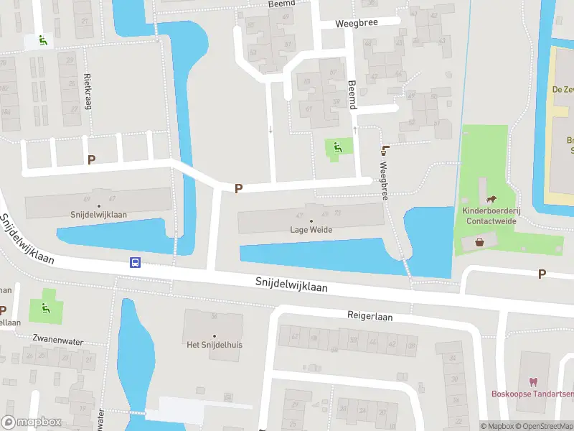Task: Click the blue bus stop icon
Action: point(134,262)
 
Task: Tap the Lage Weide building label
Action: point(311,230)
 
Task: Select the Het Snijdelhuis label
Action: point(214,345)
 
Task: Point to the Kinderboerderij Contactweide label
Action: point(490,216)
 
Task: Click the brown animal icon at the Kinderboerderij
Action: point(491,199)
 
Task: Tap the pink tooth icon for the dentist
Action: point(532,381)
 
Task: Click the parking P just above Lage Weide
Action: point(239,188)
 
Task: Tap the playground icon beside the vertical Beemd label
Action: point(338,147)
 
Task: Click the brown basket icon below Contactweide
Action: point(479,243)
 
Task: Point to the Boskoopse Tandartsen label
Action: point(532,394)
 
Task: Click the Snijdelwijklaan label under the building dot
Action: point(99,214)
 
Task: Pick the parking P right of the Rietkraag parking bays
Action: point(91,159)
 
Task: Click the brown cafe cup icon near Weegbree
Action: point(386,149)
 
